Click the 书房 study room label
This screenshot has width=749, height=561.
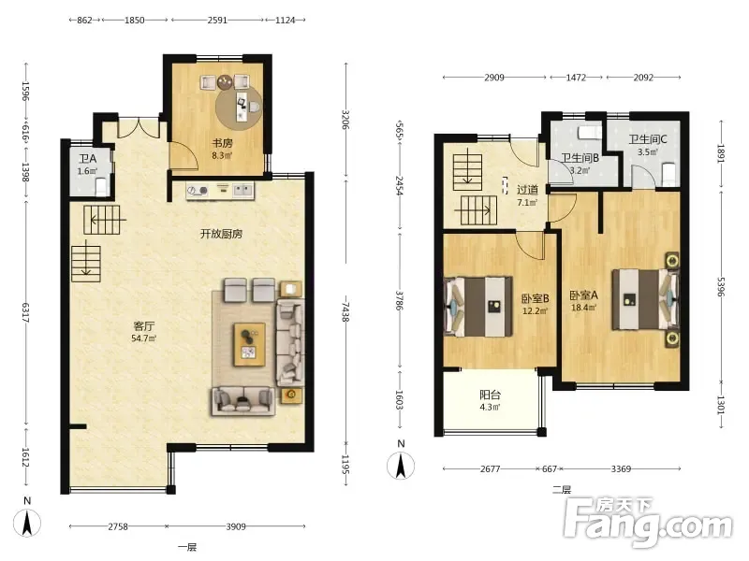tap(222, 143)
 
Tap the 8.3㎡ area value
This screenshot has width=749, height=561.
tap(222, 155)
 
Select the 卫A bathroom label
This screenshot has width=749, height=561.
tap(87, 159)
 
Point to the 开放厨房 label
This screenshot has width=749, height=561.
tap(221, 234)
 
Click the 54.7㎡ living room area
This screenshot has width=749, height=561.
tap(144, 338)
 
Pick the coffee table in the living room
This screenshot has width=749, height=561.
tap(249, 344)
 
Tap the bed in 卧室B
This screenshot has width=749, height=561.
tap(478, 308)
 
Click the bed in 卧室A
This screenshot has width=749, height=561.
tap(646, 299)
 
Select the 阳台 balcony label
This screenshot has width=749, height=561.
tap(490, 395)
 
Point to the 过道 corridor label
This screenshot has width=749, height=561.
tap(527, 190)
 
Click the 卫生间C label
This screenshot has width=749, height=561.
tap(647, 139)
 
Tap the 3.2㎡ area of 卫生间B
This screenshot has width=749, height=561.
tap(580, 170)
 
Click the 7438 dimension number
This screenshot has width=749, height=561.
tap(345, 311)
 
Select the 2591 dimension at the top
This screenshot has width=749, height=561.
tap(217, 20)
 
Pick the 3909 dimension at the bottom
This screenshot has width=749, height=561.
tap(236, 526)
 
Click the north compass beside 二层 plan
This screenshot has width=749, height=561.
tap(401, 465)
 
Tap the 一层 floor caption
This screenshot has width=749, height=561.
tap(187, 547)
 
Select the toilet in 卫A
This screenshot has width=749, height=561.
tap(102, 187)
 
